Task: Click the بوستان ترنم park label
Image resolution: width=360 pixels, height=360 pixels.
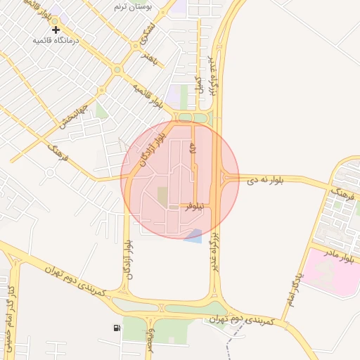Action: pyautogui.click(x=134, y=6)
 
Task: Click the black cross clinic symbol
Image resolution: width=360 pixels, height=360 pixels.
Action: pyautogui.click(x=56, y=30)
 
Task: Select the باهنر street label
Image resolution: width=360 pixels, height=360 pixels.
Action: pyautogui.click(x=152, y=56)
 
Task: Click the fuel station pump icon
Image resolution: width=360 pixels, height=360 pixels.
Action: pyautogui.click(x=116, y=328)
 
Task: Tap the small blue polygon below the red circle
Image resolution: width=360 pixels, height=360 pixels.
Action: pyautogui.click(x=193, y=236)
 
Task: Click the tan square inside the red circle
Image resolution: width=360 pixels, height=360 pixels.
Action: pyautogui.click(x=162, y=196)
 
